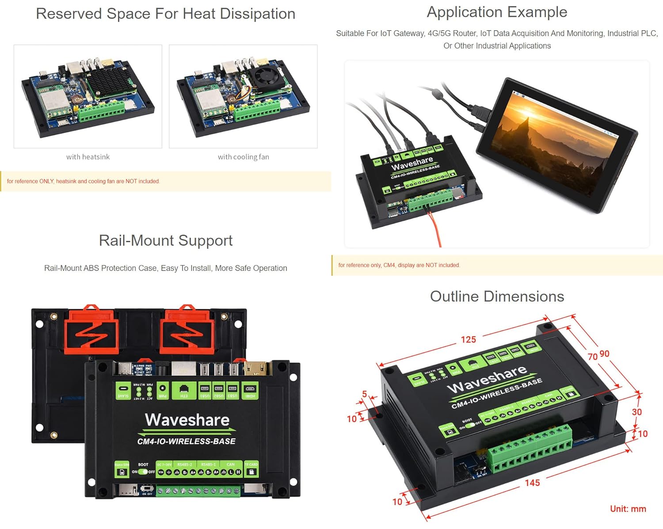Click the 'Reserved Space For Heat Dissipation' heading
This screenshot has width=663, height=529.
click(165, 14)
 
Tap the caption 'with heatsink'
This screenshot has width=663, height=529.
click(88, 157)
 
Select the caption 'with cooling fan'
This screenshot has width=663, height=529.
click(243, 157)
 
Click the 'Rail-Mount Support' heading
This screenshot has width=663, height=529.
click(165, 240)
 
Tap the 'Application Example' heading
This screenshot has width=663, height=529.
click(497, 12)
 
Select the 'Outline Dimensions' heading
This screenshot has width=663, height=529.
click(497, 296)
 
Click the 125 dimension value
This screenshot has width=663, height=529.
click(469, 339)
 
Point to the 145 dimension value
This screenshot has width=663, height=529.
click(532, 483)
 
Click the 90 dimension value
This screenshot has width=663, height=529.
click(604, 354)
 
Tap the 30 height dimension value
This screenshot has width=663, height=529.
click(636, 412)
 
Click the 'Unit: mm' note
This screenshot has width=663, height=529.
click(628, 509)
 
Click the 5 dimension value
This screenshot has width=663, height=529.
click(364, 394)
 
